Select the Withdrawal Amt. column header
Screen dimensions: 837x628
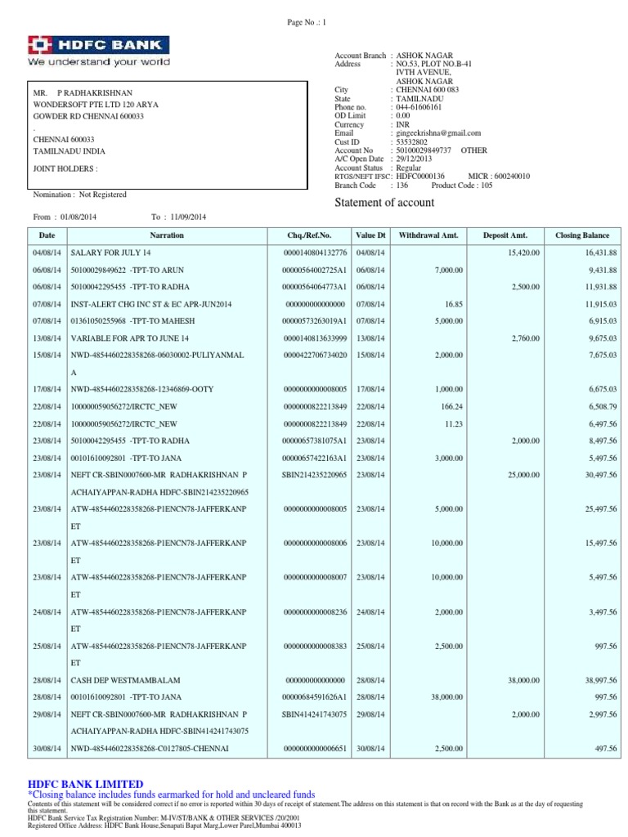pos(428,235)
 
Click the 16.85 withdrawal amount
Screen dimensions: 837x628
pos(451,304)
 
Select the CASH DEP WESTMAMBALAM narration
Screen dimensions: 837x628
pos(125,680)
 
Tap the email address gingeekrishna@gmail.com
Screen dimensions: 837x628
pos(437,133)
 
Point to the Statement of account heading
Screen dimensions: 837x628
pos(385,203)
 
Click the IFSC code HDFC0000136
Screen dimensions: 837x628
pos(420,176)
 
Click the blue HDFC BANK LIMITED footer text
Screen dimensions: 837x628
pos(85,784)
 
